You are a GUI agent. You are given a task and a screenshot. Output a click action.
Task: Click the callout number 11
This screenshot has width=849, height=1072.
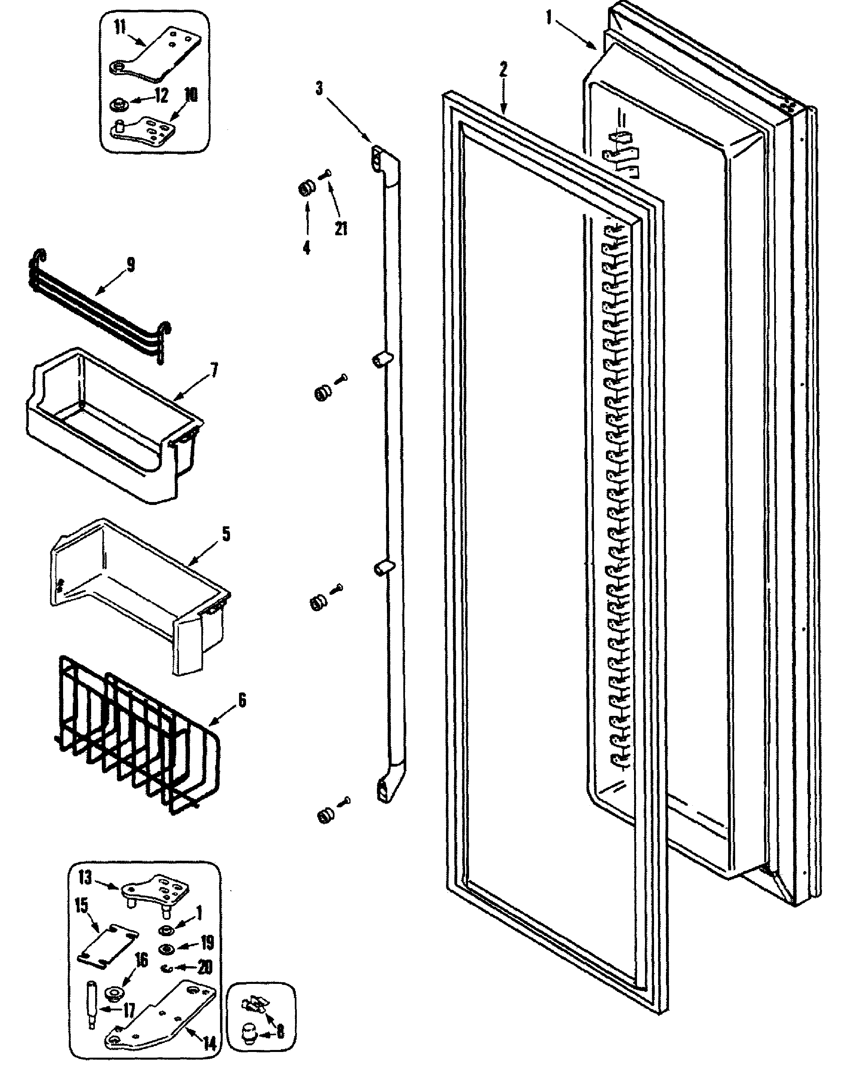point(120,28)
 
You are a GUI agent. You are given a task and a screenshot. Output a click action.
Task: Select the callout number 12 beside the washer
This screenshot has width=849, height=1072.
point(161,96)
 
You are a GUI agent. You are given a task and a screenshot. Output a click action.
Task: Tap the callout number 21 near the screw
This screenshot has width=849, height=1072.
point(341,229)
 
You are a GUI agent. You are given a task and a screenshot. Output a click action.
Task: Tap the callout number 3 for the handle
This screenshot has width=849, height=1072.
point(319,88)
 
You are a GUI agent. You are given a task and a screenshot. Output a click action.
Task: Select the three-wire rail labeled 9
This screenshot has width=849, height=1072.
point(99,308)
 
